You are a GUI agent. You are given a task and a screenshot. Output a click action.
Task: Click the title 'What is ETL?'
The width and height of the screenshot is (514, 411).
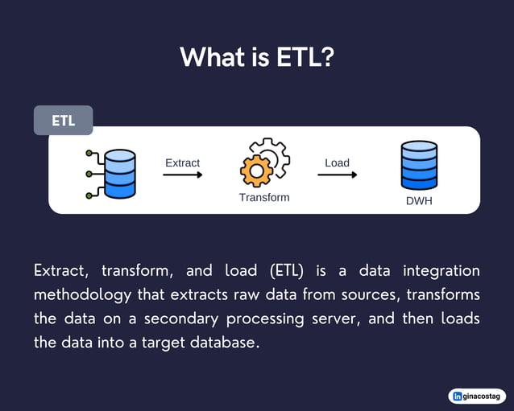[x=256, y=57]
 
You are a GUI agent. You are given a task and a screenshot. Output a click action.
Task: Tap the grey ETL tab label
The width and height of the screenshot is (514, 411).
[x=64, y=121]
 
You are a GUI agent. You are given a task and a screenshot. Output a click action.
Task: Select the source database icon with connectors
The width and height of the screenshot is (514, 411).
[x=114, y=172]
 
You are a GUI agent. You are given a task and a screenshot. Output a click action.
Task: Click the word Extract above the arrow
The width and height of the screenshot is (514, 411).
[x=182, y=162]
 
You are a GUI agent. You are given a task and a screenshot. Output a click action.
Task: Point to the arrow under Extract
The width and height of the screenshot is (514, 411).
[x=183, y=174]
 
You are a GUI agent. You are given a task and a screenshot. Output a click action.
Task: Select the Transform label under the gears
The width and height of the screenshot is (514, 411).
[x=264, y=197]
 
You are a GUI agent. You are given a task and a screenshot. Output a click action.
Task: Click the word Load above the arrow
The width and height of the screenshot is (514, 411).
[x=337, y=162]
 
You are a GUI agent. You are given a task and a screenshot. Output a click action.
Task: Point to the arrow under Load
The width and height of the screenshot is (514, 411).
[x=337, y=174]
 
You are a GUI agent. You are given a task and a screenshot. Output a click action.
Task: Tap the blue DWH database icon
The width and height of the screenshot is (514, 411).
[x=419, y=166]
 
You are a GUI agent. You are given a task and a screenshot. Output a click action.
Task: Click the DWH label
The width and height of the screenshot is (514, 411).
[x=419, y=201]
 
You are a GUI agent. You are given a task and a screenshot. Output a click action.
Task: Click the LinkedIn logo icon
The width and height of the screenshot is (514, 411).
[x=458, y=396]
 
